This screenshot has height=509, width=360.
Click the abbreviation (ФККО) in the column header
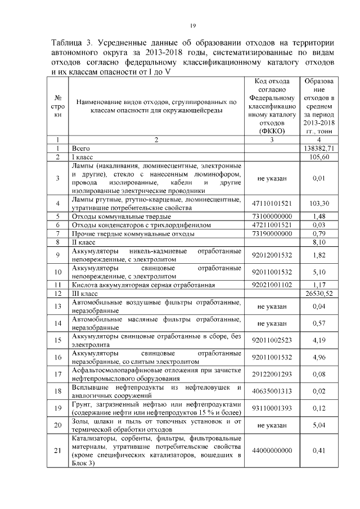pyautogui.click(x=273, y=130)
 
